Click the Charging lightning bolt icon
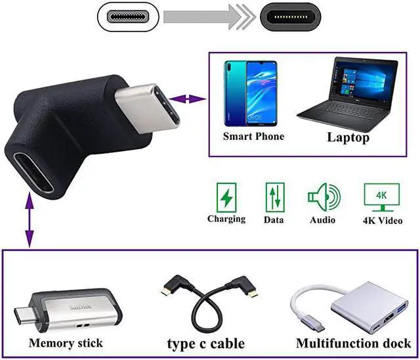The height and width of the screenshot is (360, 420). point(226,196)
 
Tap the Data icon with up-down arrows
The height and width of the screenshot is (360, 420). point(273,197)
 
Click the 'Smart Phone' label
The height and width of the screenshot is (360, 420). point(253,137)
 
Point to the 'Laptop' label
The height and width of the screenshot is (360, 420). point(348,138)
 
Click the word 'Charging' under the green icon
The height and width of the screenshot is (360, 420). point(226,219)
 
